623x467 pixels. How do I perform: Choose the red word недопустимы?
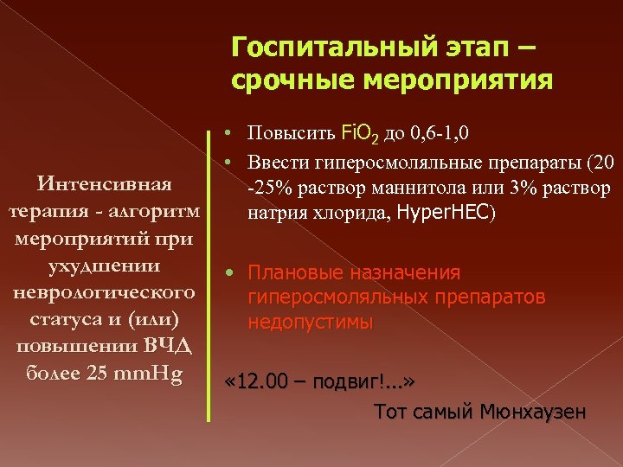point(311,323)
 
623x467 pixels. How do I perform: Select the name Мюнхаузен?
point(531,412)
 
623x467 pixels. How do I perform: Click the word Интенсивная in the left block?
point(103,183)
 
